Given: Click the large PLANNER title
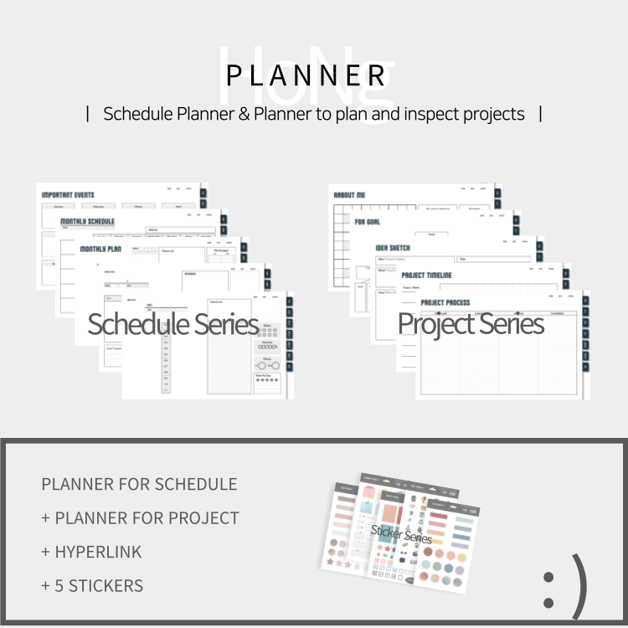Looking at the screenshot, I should click(x=306, y=75).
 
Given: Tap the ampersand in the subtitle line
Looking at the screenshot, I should click(x=244, y=114).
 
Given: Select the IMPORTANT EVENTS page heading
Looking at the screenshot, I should click(x=68, y=195).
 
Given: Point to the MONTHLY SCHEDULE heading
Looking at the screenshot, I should click(x=87, y=222).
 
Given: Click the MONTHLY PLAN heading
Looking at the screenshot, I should click(x=100, y=249).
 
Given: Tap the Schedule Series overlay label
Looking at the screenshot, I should click(x=172, y=324).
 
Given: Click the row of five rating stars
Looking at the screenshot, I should click(x=267, y=380).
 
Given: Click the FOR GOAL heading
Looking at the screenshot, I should click(x=368, y=222).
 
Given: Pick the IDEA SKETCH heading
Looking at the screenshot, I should click(x=393, y=248).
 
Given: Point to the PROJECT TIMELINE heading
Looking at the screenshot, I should click(x=426, y=275).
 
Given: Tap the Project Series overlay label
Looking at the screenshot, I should click(x=471, y=324).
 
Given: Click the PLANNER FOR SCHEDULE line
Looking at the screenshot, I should click(x=139, y=484).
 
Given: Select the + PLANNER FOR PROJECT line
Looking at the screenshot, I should click(x=140, y=518).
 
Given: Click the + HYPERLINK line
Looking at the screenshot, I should click(x=91, y=552).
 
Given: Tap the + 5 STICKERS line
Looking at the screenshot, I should click(x=92, y=586).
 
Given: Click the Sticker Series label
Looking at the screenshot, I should click(x=401, y=534).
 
